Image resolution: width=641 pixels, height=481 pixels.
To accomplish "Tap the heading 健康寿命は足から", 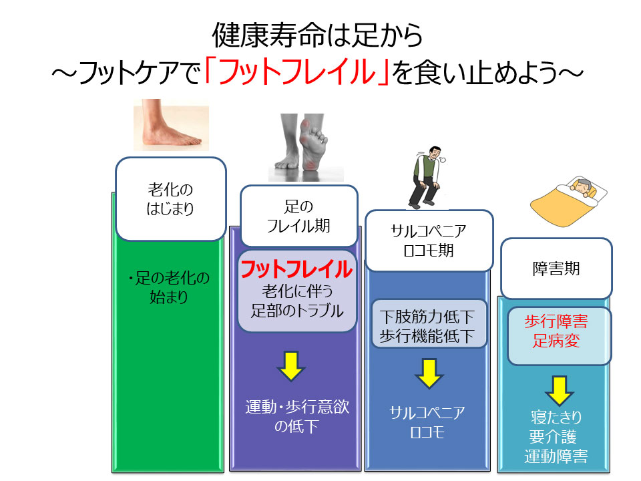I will click(x=317, y=34).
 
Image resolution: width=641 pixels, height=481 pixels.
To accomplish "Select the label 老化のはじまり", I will click(x=170, y=198).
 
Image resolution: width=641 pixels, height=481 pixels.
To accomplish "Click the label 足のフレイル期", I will click(x=298, y=216).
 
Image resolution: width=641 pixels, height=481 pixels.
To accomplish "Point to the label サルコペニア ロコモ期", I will click(x=428, y=241).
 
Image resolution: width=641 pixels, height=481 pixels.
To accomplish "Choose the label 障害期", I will click(x=556, y=269).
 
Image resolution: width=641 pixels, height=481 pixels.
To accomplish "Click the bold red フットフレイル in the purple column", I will click(x=296, y=269).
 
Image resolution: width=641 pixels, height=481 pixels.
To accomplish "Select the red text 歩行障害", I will click(x=556, y=322).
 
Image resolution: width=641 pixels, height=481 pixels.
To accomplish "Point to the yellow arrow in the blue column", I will click(x=429, y=374).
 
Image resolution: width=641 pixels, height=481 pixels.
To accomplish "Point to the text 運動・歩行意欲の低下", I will click(x=297, y=416).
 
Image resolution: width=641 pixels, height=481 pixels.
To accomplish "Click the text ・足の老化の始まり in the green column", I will click(x=169, y=287).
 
